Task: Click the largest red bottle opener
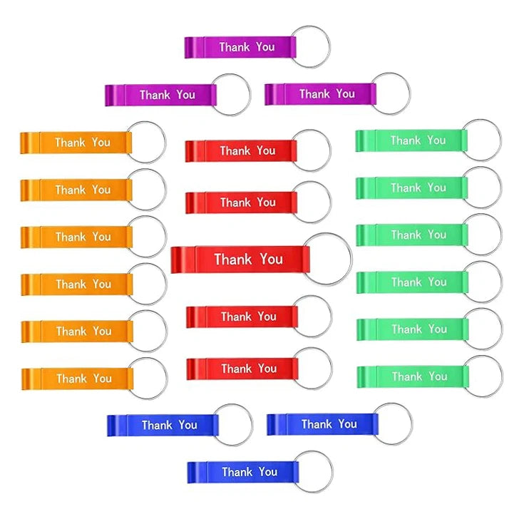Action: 240,259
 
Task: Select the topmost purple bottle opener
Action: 240,47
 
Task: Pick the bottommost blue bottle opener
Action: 242,472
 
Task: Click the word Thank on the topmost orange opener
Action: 71,143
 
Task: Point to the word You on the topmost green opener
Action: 437,140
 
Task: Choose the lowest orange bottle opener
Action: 77,379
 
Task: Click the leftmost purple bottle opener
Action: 160,95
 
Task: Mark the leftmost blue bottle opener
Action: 163,425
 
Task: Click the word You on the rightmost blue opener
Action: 348,424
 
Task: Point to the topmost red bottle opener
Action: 240,151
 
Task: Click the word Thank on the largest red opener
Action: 233,259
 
